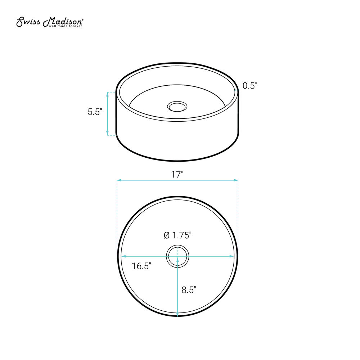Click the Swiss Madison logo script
(49, 22)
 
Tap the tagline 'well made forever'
(66, 26)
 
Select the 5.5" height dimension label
(95, 112)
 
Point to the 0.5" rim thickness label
(250, 86)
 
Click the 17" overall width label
(177, 175)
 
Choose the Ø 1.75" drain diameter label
(178, 235)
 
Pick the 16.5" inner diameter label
(141, 266)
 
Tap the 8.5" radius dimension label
(189, 290)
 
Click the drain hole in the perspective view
(177, 107)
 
